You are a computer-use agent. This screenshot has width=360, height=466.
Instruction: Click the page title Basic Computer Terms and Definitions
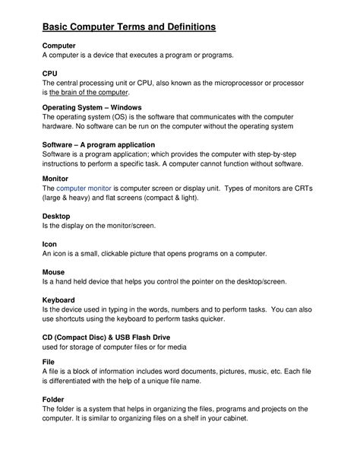click(x=129, y=27)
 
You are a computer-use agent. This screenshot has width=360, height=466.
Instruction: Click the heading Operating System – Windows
click(x=92, y=108)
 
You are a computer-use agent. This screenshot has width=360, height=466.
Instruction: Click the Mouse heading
click(x=54, y=271)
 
